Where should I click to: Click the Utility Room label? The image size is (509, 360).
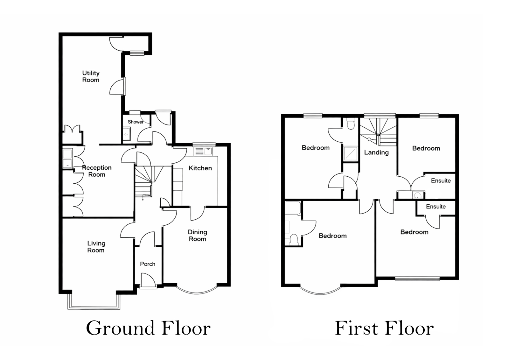[x=91, y=76]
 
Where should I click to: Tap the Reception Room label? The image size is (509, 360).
[x=97, y=171]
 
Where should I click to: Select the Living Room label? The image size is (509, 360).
[x=96, y=247]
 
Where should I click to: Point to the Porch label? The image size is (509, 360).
[x=148, y=264]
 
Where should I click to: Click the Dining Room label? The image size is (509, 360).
[x=197, y=235]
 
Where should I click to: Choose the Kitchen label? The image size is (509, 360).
[x=200, y=168]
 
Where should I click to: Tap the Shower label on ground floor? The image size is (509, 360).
[x=136, y=122]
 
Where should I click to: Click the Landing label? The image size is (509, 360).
[x=376, y=152]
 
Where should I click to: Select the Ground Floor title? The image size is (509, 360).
[x=148, y=328]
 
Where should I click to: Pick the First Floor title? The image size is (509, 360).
[x=384, y=328]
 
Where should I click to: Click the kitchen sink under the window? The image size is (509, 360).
[x=204, y=152]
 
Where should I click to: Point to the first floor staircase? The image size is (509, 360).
[x=378, y=132]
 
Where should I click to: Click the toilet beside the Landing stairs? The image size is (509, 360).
[x=351, y=124]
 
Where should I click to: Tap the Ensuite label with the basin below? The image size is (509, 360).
[x=441, y=180]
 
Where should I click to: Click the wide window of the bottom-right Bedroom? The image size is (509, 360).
[x=417, y=279]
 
